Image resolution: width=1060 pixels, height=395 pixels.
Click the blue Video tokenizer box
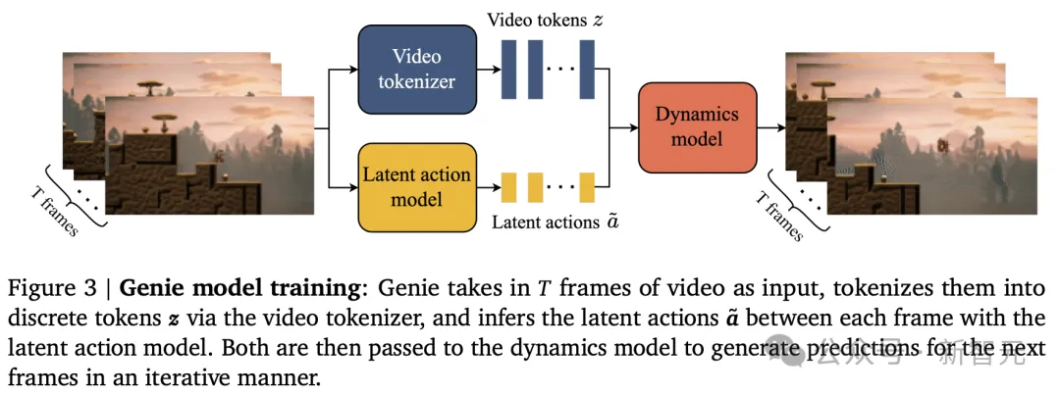pyautogui.click(x=416, y=69)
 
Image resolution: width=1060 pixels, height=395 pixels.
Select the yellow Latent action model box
pyautogui.click(x=416, y=186)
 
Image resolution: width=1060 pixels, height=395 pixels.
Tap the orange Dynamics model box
pyautogui.click(x=698, y=127)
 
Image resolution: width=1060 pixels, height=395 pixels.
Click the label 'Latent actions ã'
pyautogui.click(x=555, y=222)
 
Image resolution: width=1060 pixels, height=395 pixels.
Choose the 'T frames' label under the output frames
pyautogui.click(x=778, y=212)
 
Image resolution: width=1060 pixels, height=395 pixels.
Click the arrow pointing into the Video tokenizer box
pyautogui.click(x=342, y=69)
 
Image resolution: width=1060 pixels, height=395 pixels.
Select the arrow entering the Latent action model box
pyautogui.click(x=342, y=186)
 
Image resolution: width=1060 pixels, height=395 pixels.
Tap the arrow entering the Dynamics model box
pyautogui.click(x=624, y=127)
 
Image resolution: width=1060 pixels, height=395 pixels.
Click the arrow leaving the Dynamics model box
pyautogui.click(x=771, y=127)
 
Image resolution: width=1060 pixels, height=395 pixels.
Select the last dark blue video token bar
pyautogui.click(x=587, y=69)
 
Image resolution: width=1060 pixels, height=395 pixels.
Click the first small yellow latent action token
pyautogui.click(x=509, y=187)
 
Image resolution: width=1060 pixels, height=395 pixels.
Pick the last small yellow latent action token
pyautogui.click(x=587, y=187)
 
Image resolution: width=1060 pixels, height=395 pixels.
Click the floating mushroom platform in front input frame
pyautogui.click(x=161, y=119)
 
